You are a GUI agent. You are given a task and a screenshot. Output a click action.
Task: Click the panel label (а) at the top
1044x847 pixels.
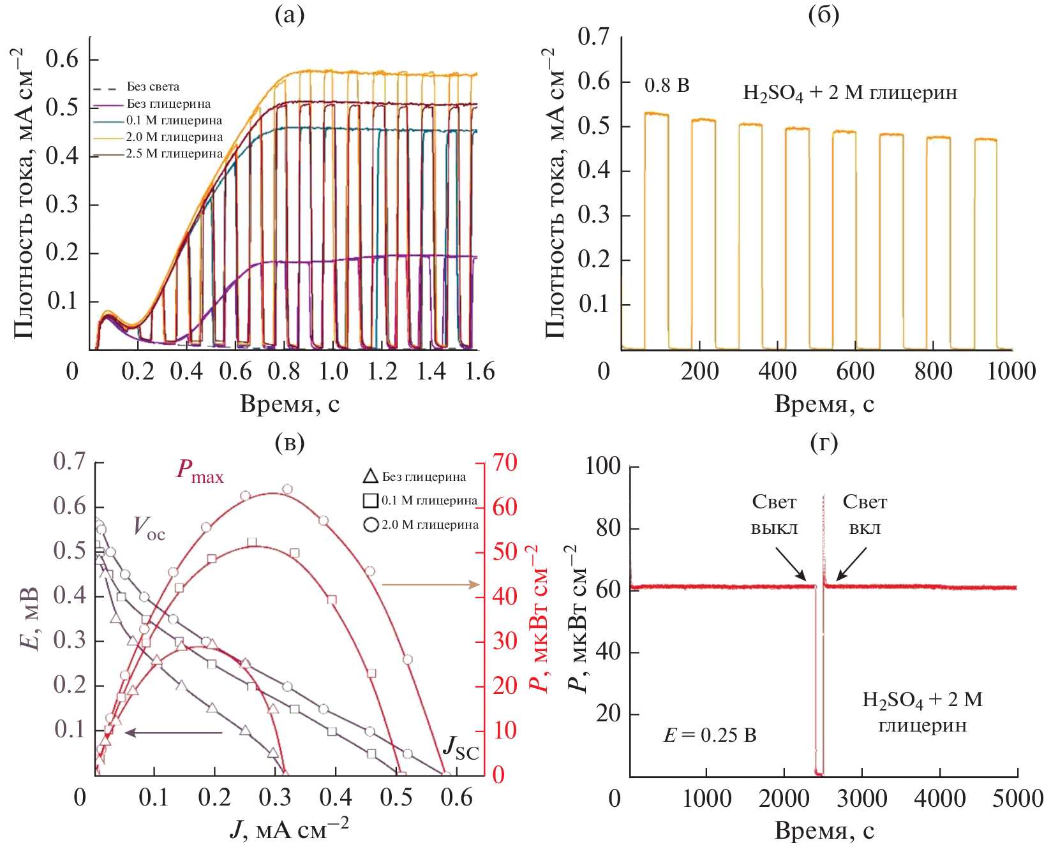point(289,15)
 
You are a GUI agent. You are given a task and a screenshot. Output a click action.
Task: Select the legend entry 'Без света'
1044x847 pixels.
point(153,87)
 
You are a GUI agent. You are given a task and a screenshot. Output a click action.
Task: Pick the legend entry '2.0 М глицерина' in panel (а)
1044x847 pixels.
point(174,136)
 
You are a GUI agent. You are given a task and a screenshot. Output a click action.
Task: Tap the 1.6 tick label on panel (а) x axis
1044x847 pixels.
point(480,371)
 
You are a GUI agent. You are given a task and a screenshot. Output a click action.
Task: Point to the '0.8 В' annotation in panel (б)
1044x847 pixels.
point(667,85)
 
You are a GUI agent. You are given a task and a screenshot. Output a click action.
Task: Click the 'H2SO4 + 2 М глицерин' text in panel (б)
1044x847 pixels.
point(849,93)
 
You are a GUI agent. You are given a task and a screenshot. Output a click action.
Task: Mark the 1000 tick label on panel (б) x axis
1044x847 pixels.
point(1011,371)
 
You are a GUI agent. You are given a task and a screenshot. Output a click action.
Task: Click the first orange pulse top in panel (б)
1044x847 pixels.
point(656,114)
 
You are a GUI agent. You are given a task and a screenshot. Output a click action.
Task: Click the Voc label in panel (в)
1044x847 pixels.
point(149,528)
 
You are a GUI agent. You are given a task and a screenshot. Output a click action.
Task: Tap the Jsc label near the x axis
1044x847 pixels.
point(461,748)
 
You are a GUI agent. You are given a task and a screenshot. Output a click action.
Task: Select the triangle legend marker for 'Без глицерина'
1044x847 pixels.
point(370,476)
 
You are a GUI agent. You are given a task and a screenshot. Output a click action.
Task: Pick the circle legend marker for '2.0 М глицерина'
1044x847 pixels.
point(371,525)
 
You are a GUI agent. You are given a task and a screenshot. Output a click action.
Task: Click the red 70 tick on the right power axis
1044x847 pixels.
point(505,462)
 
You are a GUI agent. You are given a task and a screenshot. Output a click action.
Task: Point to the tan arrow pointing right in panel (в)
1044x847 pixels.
point(431,584)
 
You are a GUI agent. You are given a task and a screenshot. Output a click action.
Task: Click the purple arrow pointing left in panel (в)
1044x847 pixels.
point(173,733)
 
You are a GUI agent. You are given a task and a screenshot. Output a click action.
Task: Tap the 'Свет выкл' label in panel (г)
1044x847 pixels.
point(774,515)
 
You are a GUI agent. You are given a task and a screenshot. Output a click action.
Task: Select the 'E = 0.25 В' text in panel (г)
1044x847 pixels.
point(710,735)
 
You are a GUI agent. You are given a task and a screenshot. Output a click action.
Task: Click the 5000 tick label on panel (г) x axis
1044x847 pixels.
point(1017,799)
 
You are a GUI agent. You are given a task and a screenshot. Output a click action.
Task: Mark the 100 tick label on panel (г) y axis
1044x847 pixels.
point(603,466)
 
